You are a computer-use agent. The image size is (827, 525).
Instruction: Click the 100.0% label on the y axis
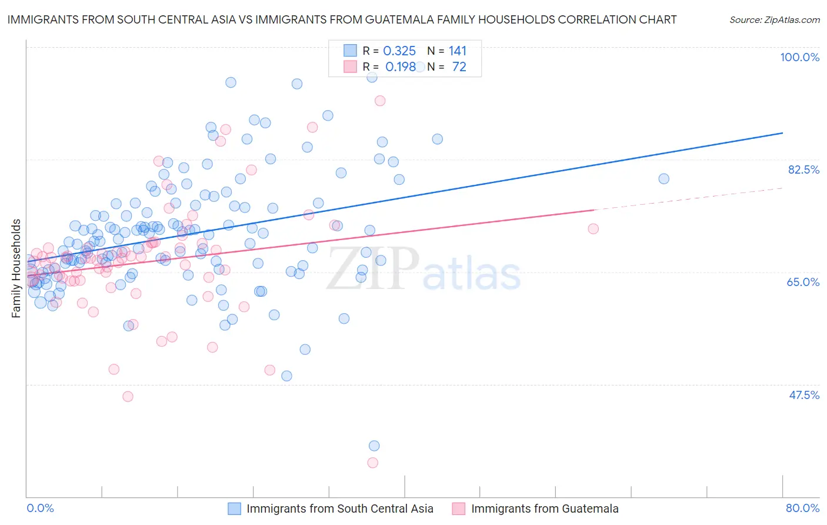tap(799, 57)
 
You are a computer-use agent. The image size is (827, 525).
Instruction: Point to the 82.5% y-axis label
tap(803, 170)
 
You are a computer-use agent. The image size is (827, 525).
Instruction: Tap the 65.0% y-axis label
tap(803, 282)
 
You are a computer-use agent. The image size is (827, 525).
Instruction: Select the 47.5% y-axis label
tap(804, 395)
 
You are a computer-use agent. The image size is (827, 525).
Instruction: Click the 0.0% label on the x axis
tap(40, 508)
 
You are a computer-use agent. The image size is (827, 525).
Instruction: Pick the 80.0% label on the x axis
tap(802, 508)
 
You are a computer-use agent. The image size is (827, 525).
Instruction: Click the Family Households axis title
tap(16, 268)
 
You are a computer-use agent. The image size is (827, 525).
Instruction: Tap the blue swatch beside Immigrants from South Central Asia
tap(234, 509)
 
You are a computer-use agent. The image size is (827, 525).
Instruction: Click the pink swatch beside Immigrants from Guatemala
tap(459, 509)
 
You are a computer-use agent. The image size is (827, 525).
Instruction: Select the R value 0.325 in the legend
tap(399, 51)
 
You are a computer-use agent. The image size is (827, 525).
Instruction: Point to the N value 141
tap(457, 51)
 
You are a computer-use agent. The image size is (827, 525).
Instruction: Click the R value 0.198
tap(401, 67)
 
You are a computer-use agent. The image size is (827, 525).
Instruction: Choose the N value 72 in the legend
tap(459, 67)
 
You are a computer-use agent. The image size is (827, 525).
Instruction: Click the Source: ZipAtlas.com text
tap(774, 20)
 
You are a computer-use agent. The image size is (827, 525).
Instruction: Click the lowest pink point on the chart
tap(372, 463)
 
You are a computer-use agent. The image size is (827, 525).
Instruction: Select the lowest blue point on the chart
tap(374, 446)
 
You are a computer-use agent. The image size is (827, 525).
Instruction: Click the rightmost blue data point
tap(663, 178)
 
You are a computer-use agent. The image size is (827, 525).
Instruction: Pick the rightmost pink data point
tap(593, 228)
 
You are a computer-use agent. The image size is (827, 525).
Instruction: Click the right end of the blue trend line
tap(782, 133)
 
